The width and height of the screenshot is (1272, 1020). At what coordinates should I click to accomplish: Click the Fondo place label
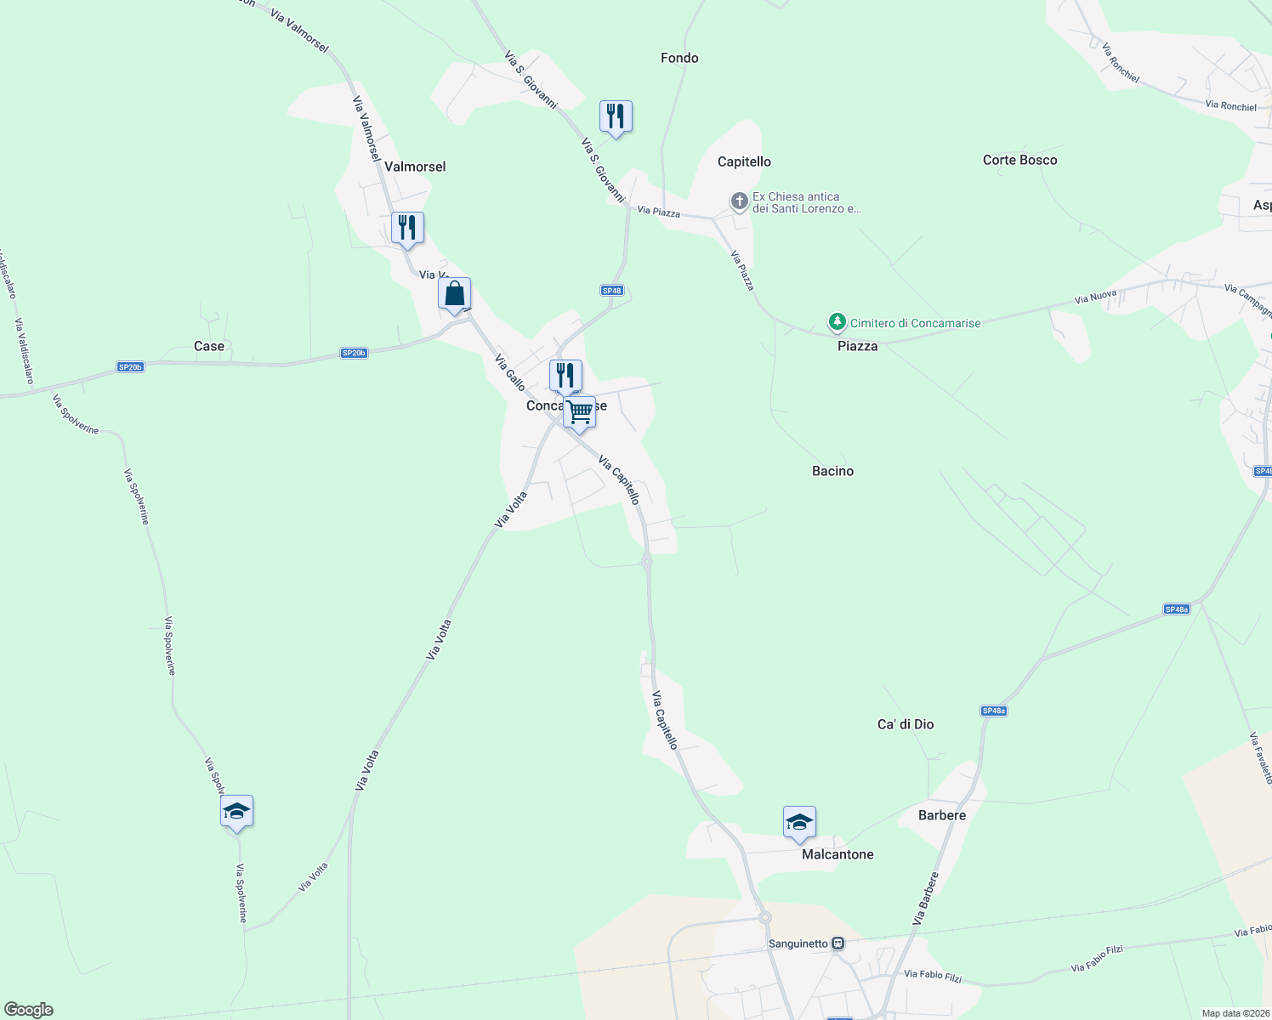click(679, 58)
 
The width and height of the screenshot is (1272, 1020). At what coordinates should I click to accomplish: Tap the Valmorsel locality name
click(415, 167)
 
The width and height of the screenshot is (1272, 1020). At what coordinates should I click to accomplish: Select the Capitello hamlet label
click(744, 161)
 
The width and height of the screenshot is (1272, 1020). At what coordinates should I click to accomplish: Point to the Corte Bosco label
click(1019, 160)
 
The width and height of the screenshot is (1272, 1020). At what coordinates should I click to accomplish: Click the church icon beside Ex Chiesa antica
click(740, 201)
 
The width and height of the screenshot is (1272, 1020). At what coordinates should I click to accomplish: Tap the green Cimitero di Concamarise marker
click(838, 322)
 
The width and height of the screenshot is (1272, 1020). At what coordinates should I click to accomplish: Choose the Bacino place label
click(832, 471)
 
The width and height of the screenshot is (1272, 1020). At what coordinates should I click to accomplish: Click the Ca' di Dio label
click(906, 724)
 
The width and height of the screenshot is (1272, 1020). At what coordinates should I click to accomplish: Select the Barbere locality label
click(942, 815)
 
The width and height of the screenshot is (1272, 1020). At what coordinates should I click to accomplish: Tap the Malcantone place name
click(838, 854)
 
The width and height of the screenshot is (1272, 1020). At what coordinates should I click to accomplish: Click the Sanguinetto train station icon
click(838, 943)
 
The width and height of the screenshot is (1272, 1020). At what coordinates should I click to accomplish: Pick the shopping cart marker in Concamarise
click(579, 412)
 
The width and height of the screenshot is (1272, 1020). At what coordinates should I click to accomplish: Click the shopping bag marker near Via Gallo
click(454, 294)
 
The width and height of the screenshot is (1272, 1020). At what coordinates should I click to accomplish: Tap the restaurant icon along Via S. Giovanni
click(616, 116)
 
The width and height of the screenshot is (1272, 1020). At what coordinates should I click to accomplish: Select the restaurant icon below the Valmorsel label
click(407, 228)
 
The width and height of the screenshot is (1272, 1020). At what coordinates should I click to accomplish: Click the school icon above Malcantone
click(799, 822)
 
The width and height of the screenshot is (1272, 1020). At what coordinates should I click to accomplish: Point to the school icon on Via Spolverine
click(236, 812)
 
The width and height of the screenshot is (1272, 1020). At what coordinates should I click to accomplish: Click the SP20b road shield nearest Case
click(130, 367)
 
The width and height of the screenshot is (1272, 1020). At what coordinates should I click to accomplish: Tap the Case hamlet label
click(209, 346)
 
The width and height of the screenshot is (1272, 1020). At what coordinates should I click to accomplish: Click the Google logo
click(29, 1010)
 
